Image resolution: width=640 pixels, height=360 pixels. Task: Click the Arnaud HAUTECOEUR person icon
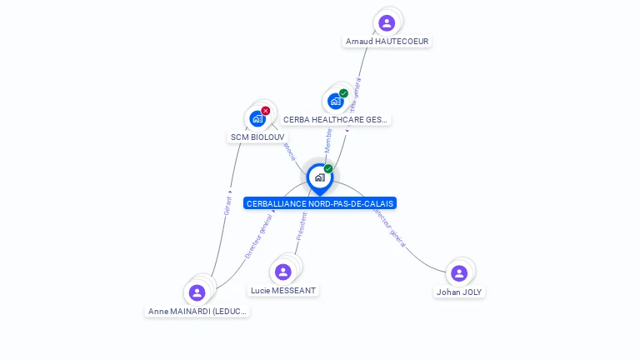tap(386, 23)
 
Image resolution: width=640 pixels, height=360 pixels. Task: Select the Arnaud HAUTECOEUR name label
tap(387, 41)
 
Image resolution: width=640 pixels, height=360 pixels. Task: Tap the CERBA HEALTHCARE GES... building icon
tap(335, 102)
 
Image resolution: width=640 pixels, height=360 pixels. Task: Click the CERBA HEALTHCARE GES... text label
tap(335, 120)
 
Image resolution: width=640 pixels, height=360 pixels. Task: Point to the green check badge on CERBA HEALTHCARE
tap(343, 93)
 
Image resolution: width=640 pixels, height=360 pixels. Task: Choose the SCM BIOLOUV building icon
tap(257, 118)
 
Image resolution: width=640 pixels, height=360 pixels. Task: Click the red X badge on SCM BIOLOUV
tap(266, 111)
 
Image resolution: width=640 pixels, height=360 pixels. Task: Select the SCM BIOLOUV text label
tap(257, 137)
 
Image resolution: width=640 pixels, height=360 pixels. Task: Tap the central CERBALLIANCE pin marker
tap(319, 177)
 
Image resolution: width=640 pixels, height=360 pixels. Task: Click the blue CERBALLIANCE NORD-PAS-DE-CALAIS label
tap(320, 203)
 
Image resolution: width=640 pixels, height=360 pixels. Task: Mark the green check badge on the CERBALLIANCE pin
tap(328, 168)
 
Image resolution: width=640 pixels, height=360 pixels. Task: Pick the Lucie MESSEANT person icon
tap(283, 272)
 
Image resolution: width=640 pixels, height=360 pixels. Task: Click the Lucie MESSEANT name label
tap(283, 290)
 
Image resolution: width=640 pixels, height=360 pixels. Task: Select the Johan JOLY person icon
tap(459, 273)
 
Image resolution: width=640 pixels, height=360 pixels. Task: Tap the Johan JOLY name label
tap(459, 292)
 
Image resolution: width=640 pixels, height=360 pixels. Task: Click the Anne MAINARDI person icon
tap(197, 292)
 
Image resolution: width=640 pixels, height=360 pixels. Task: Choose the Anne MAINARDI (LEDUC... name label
tap(197, 311)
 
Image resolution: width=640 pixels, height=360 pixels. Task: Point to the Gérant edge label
tap(227, 204)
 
